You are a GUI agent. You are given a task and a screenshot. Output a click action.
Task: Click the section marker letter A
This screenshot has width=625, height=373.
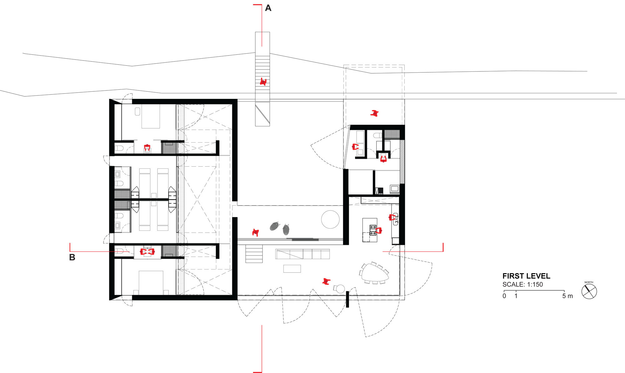coord(268,8)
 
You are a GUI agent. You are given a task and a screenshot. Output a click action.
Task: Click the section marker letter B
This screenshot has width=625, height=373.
coord(72,258)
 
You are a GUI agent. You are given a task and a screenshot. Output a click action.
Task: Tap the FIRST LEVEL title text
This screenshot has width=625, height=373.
coord(526,276)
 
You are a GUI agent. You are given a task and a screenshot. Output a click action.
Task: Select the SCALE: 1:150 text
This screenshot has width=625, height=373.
coord(522,284)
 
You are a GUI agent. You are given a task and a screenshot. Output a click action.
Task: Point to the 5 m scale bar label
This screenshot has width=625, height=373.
coord(567,296)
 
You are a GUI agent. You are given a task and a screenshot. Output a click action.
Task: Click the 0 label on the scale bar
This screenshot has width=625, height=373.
coord(504,296)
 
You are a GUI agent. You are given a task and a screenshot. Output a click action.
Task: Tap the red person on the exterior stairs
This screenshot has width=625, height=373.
coord(263,82)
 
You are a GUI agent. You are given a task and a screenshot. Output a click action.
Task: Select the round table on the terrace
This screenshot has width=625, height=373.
coord(330,219)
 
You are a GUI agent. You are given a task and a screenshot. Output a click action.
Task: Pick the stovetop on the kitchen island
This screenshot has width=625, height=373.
coord(373,230)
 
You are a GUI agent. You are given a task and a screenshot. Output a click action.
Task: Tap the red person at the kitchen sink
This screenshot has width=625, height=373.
coord(392,217)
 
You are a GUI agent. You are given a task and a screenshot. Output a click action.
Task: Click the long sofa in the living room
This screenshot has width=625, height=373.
coord(302,254)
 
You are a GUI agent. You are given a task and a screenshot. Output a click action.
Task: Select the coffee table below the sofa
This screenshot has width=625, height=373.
coord(292,269)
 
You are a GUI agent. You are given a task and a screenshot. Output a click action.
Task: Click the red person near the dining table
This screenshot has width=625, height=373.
coord(326,282)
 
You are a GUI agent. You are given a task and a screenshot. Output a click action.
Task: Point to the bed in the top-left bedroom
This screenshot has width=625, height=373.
coord(151,116)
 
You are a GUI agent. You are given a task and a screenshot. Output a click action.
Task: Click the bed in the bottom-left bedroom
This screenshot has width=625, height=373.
coord(151,283)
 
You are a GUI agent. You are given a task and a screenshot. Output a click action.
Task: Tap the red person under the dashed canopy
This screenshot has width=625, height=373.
coord(374,113)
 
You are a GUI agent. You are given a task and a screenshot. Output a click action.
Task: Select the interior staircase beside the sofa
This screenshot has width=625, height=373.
coord(254,254)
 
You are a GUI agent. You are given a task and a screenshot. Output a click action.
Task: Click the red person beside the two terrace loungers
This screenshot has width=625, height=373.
coord(256,232)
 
